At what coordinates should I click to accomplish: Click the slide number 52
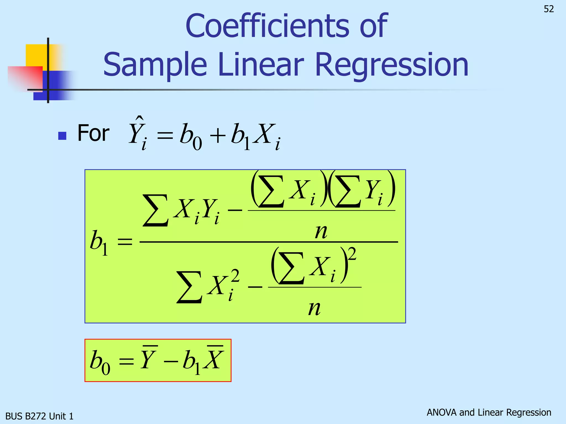(x=549, y=9)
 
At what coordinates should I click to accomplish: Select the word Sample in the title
(x=155, y=65)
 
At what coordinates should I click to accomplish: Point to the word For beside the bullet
(x=93, y=133)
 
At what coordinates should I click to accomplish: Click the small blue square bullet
(x=62, y=136)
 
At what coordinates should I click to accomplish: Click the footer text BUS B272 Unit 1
(x=40, y=416)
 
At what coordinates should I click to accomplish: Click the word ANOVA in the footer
(x=441, y=412)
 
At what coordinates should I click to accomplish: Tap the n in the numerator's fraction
(x=321, y=231)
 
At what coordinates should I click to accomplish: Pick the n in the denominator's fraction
(x=315, y=308)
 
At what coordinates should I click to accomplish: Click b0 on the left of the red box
(x=100, y=361)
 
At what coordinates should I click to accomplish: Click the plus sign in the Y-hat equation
(x=218, y=136)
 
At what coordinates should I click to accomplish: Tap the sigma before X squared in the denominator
(x=189, y=287)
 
